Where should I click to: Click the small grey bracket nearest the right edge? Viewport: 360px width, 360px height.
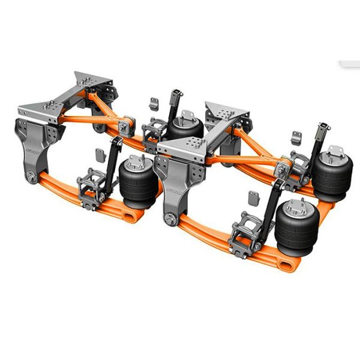coord(296,136)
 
